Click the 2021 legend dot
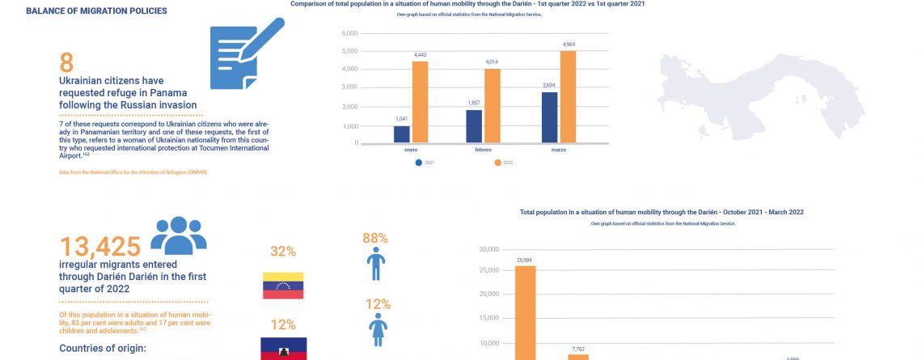(x=418, y=163)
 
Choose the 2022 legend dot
(x=497, y=163)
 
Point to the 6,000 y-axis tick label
(x=350, y=34)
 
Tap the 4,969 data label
(x=569, y=44)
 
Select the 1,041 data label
(x=401, y=119)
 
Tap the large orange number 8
(x=66, y=63)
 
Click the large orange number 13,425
(x=100, y=246)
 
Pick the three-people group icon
(x=179, y=235)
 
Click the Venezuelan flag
(x=283, y=286)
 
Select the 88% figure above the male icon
(x=375, y=238)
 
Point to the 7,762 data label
(x=577, y=349)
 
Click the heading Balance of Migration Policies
(x=97, y=11)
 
